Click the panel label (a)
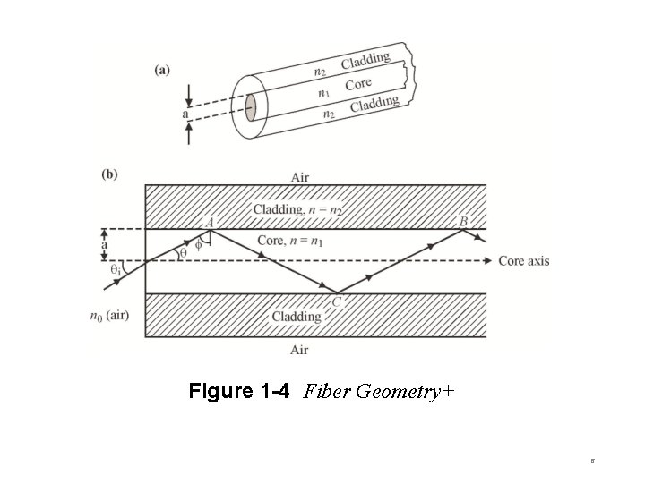[163, 69]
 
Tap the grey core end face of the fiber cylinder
[252, 106]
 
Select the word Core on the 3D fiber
[359, 86]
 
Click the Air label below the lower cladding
[299, 350]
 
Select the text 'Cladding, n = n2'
[297, 209]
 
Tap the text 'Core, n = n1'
[289, 240]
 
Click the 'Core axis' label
[523, 260]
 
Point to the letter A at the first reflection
[210, 221]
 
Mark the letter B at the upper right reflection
[463, 221]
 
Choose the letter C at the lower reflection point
[337, 302]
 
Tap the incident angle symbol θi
[115, 268]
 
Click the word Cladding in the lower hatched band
[296, 317]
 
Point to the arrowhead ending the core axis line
[487, 260]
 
